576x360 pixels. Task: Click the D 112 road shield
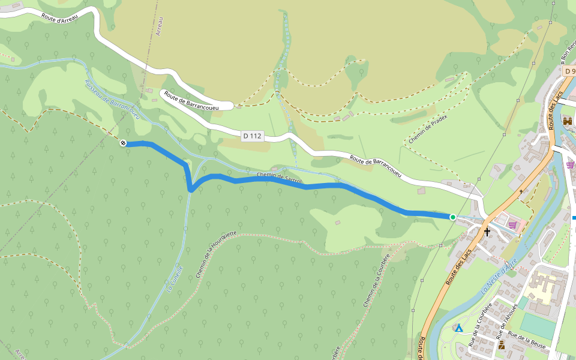253,136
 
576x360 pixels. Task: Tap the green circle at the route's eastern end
452,217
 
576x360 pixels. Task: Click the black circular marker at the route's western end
123,143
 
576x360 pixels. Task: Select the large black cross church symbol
487,232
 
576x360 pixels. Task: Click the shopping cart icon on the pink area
512,225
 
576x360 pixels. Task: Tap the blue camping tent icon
458,328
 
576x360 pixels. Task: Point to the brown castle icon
567,121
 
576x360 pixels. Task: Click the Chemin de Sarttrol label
280,178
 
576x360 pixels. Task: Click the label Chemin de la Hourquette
217,255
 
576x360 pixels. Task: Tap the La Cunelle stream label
175,279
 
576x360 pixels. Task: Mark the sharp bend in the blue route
190,190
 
